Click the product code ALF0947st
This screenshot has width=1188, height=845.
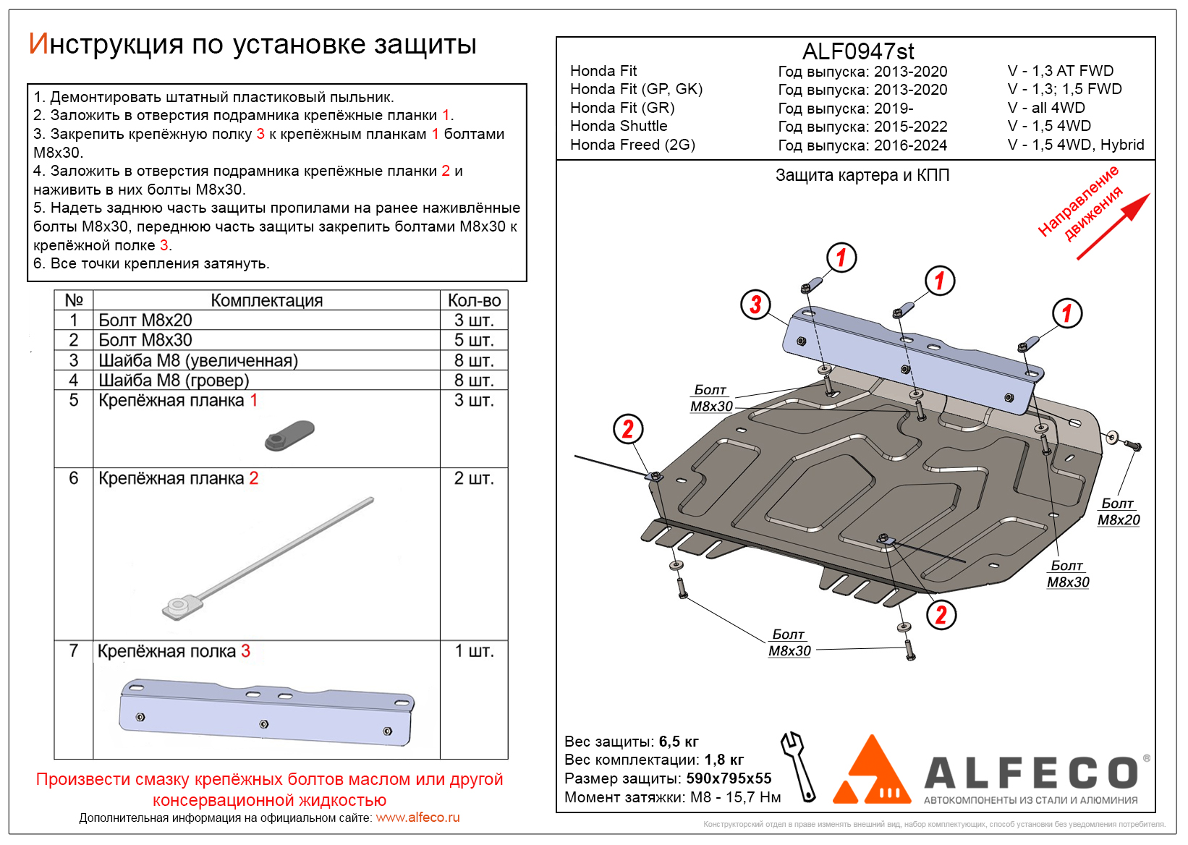click(x=858, y=51)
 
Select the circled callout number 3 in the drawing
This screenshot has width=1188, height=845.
click(x=755, y=305)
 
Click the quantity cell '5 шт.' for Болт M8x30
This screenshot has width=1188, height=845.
click(x=474, y=340)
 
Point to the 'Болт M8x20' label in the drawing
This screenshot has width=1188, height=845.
click(x=1118, y=511)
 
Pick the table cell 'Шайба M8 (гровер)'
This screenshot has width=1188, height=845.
click(x=174, y=380)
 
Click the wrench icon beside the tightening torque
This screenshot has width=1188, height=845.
click(x=799, y=766)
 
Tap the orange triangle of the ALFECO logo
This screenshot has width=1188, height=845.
click(x=872, y=774)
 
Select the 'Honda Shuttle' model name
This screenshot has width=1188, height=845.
click(x=619, y=126)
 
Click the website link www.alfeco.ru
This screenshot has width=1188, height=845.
click(x=417, y=818)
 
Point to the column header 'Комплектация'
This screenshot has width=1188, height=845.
click(x=266, y=300)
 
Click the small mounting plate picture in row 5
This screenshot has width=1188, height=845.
click(x=289, y=436)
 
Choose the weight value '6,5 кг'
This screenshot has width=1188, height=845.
click(x=679, y=742)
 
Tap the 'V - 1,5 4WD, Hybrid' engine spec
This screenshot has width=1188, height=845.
click(x=1076, y=145)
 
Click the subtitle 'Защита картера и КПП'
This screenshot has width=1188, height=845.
click(x=862, y=175)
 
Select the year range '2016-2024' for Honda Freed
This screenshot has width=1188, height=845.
click(x=910, y=145)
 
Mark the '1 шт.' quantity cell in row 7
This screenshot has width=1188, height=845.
click(x=474, y=651)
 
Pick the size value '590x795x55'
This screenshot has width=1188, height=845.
click(x=729, y=778)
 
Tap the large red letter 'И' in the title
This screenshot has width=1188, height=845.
click(x=38, y=44)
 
